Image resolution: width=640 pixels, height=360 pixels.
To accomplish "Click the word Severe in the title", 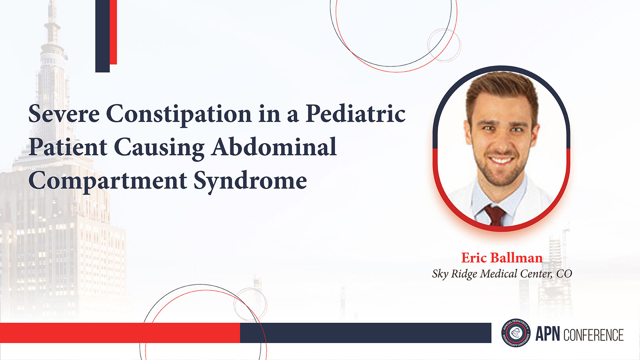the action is (x=64, y=114).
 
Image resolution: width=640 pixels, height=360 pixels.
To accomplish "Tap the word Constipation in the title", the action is (x=179, y=115).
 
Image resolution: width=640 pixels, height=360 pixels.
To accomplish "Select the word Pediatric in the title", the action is (x=356, y=114).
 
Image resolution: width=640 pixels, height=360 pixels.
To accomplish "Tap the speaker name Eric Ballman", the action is (x=502, y=258).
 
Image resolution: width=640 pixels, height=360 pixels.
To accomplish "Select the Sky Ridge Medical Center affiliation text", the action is (x=502, y=274).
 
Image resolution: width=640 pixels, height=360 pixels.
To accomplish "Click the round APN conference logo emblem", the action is (x=516, y=333).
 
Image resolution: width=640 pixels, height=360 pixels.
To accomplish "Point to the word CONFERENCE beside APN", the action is (x=593, y=335).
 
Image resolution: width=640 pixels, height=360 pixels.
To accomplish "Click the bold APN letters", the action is (x=548, y=334).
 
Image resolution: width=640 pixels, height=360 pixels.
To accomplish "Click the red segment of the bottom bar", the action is (x=120, y=333).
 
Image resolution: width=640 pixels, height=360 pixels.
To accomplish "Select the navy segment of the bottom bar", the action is (x=366, y=333).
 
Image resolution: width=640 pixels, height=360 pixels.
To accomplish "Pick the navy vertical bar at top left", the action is (x=102, y=36).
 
